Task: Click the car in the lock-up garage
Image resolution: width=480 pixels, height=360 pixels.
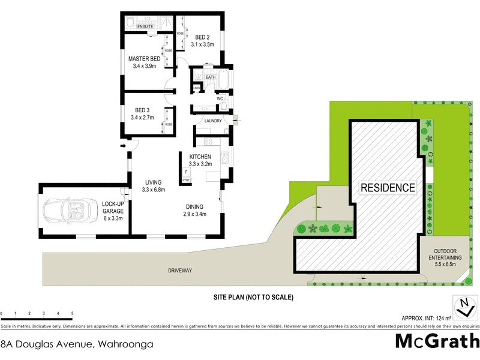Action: (67, 211)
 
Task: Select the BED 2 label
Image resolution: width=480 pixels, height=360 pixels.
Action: (202, 40)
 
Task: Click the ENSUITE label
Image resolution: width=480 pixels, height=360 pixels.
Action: (146, 27)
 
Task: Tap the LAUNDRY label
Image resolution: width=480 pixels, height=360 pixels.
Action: (213, 121)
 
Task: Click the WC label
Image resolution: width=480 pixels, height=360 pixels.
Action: (220, 98)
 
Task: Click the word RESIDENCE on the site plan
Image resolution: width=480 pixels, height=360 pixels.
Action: (388, 187)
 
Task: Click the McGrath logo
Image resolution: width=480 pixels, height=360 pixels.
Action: (437, 341)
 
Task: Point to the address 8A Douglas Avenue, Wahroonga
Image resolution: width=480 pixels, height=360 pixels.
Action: (77, 344)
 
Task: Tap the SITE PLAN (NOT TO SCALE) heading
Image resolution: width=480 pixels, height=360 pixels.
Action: (253, 297)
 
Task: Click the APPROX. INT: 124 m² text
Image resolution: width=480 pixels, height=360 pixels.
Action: (427, 317)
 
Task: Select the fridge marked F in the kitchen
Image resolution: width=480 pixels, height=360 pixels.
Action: (186, 172)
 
